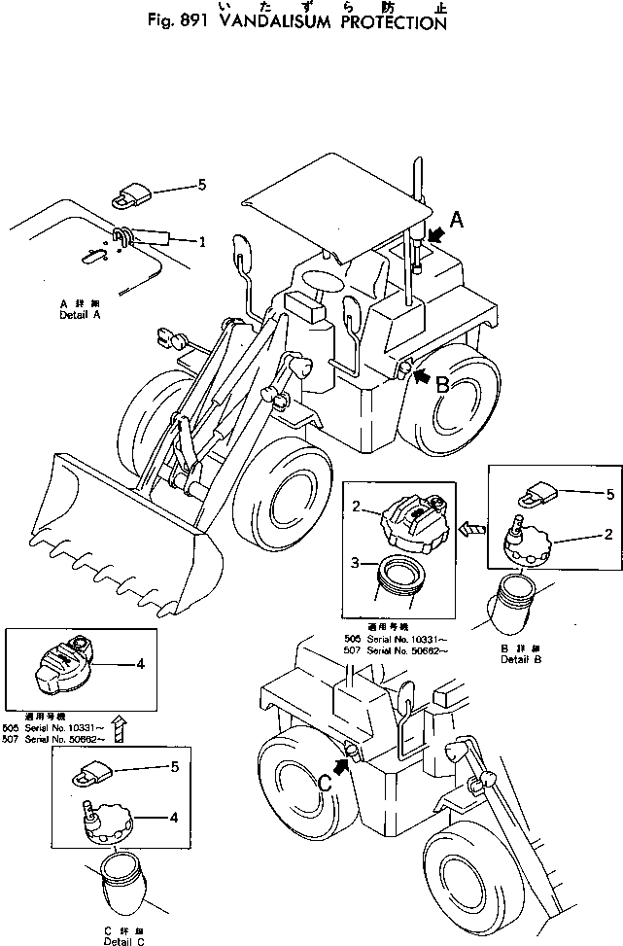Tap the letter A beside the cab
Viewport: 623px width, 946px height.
tap(455, 222)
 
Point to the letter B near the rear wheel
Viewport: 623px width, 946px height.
tap(441, 384)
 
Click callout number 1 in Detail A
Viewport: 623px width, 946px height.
tap(202, 240)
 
